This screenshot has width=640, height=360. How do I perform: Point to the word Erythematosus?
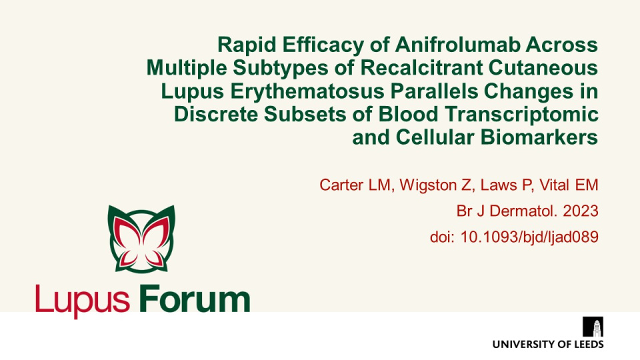click(x=307, y=91)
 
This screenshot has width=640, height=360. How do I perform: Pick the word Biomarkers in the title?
click(x=539, y=137)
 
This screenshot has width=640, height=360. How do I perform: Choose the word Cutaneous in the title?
click(x=543, y=68)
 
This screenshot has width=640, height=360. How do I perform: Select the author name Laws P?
click(x=505, y=185)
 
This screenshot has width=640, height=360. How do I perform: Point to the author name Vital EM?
click(x=569, y=185)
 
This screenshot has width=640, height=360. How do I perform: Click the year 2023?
click(x=581, y=211)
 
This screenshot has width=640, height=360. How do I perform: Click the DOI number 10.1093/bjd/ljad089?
click(x=529, y=237)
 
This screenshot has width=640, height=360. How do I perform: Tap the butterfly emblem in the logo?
click(x=141, y=239)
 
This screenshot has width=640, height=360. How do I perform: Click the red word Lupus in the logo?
click(x=83, y=301)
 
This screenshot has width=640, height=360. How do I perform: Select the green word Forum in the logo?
click(x=194, y=299)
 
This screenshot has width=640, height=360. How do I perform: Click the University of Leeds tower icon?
click(x=593, y=327)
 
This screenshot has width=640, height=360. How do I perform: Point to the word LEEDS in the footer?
click(x=589, y=345)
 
